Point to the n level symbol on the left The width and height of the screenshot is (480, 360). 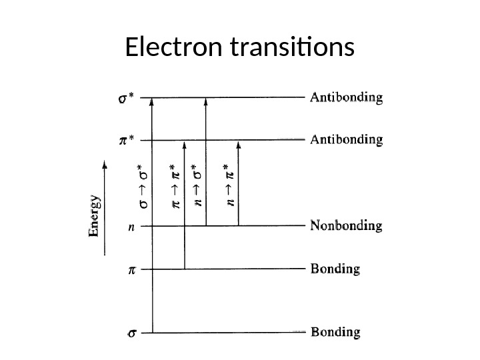coord(131,227)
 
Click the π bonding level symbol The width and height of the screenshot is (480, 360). coord(131,271)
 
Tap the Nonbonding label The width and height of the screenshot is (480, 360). coord(347,226)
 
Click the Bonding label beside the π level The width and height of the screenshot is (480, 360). coord(336,270)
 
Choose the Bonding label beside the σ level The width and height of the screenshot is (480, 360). coord(336,331)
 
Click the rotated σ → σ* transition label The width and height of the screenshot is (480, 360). coord(141,188)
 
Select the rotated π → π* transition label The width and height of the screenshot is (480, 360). coord(175,187)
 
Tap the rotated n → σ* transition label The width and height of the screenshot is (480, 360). coord(197,187)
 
